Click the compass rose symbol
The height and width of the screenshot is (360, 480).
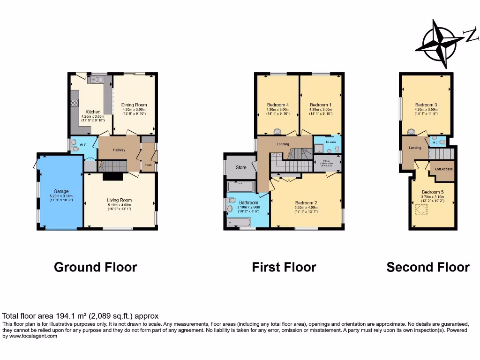tap(439, 44)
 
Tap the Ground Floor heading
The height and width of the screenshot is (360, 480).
tap(95, 267)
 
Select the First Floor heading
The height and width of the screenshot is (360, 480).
tap(284, 267)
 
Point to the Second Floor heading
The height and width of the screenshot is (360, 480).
tap(427, 267)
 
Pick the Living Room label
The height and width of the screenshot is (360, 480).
tap(120, 200)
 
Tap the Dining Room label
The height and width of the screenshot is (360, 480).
tap(134, 105)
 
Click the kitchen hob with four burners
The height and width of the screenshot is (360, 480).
tap(74, 103)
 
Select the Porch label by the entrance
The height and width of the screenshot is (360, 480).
tap(148, 165)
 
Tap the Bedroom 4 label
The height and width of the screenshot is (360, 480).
tap(278, 105)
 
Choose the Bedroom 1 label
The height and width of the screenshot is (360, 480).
tap(321, 105)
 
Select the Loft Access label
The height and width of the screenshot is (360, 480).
tap(443, 169)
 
